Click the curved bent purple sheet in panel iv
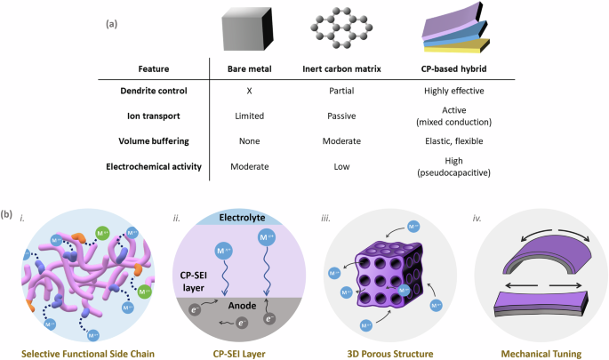[534, 257]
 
